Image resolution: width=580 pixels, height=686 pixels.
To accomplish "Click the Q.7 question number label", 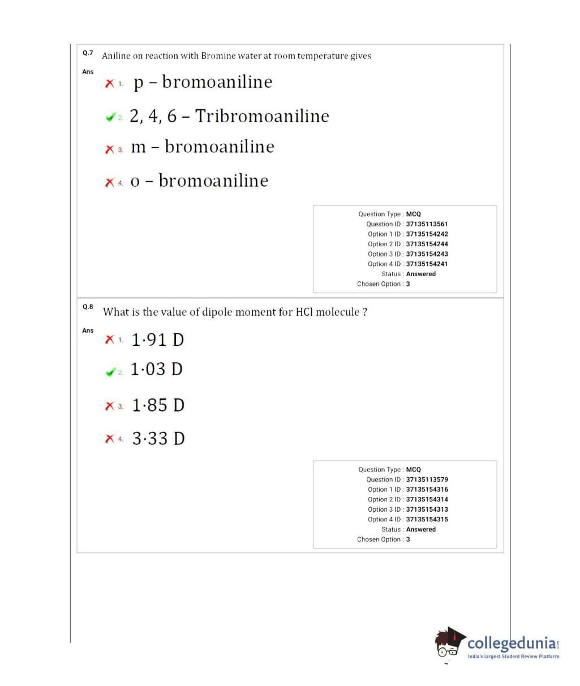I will pyautogui.click(x=88, y=53).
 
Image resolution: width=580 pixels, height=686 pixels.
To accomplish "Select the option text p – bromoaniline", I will pyautogui.click(x=203, y=82).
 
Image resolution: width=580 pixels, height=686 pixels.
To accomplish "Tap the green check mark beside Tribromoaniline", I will pyautogui.click(x=110, y=118).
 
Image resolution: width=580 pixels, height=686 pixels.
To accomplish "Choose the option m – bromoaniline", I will pyautogui.click(x=202, y=147).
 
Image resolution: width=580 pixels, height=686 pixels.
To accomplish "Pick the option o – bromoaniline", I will pyautogui.click(x=199, y=181).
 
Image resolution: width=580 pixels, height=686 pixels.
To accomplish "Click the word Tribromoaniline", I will pyautogui.click(x=262, y=116).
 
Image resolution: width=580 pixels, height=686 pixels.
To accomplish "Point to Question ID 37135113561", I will pyautogui.click(x=427, y=224).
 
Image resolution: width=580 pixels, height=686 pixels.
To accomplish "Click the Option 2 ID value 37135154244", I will pyautogui.click(x=427, y=244).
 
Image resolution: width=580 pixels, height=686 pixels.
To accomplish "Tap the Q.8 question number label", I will pyautogui.click(x=88, y=307).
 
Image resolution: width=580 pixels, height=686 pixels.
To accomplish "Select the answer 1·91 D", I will pyautogui.click(x=157, y=340).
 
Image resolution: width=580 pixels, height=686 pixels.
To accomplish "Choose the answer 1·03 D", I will pyautogui.click(x=156, y=370).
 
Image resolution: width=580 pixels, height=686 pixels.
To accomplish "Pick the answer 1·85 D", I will pyautogui.click(x=158, y=405).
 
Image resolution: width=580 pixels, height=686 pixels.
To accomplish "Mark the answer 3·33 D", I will pyautogui.click(x=158, y=439).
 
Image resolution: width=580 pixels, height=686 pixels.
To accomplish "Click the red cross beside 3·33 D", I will pyautogui.click(x=110, y=439).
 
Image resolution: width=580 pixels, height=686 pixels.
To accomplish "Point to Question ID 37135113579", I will pyautogui.click(x=427, y=479).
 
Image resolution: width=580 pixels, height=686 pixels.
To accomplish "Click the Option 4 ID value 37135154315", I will pyautogui.click(x=427, y=520).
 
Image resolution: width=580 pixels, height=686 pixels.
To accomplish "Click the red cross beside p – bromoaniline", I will pyautogui.click(x=110, y=84).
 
